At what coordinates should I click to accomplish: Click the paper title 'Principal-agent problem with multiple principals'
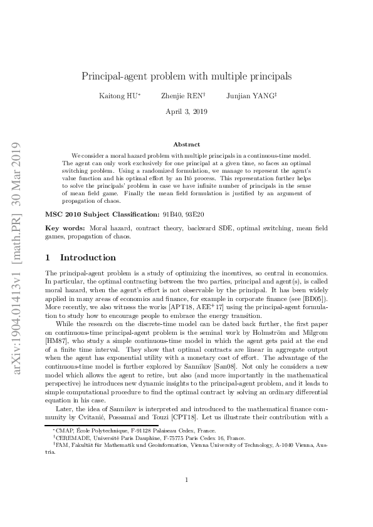click(x=187, y=76)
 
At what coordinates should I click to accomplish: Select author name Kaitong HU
click(x=118, y=96)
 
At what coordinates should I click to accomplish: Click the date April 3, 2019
click(x=187, y=111)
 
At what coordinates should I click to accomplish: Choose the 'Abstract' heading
click(x=187, y=144)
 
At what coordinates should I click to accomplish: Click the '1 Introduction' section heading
click(x=81, y=257)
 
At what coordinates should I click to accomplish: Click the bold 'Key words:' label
click(x=66, y=228)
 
